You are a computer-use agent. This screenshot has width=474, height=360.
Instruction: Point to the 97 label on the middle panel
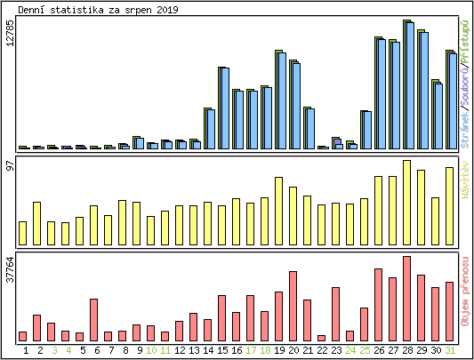tap(10, 166)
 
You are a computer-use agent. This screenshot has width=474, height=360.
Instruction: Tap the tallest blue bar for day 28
tap(410, 86)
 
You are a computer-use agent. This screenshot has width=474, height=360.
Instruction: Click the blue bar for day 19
tap(281, 101)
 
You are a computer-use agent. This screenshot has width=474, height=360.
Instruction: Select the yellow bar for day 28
tap(406, 203)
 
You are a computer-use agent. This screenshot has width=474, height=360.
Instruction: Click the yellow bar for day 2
tap(36, 223)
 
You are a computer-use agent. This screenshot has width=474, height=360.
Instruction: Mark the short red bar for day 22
tap(321, 338)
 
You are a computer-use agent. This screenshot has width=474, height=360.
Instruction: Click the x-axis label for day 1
tap(23, 350)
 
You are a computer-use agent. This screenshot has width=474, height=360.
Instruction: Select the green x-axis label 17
tap(250, 350)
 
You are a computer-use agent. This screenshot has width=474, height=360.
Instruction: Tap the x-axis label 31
tap(449, 350)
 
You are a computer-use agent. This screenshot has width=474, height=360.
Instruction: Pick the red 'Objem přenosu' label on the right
tap(465, 294)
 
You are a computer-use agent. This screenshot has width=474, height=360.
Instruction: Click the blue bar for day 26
tap(381, 94)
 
